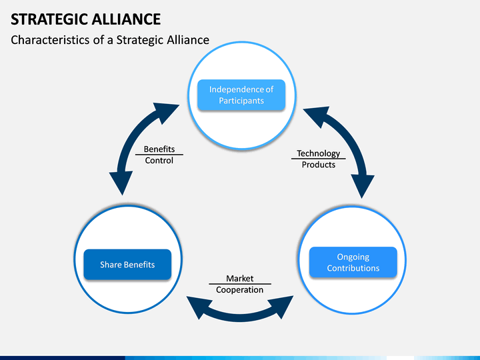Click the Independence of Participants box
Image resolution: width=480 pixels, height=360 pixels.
[x=241, y=95]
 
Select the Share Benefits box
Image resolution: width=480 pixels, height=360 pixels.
[x=127, y=265]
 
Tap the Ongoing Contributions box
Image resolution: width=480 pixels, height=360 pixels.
[x=353, y=263]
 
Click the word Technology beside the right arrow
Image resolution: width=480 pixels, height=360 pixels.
[x=318, y=153]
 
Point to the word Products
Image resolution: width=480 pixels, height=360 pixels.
[x=319, y=165]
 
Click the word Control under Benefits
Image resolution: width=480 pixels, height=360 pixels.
[x=159, y=161]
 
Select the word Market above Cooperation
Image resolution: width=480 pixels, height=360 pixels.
[x=239, y=279]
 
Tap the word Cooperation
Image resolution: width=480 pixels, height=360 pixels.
[x=239, y=290]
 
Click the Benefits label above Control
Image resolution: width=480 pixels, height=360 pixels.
[x=159, y=149]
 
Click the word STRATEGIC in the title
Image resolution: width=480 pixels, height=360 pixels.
[x=43, y=19]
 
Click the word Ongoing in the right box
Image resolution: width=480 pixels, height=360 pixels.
[x=353, y=257]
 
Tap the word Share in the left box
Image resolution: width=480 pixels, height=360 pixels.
[x=110, y=265]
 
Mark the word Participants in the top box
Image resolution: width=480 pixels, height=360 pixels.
[x=241, y=101]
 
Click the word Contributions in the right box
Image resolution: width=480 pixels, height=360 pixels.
[x=353, y=269]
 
